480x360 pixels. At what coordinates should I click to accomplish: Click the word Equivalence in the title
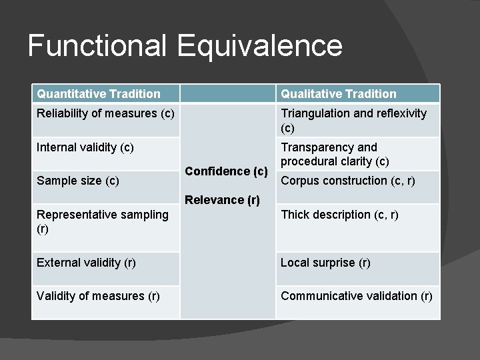pos(260,46)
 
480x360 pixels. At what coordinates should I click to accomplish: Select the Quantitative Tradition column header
pos(99,94)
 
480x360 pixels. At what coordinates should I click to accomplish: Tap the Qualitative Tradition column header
pos(339,94)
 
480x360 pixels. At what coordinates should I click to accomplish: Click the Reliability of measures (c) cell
pos(106,113)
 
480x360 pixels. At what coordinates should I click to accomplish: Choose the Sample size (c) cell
pos(78,181)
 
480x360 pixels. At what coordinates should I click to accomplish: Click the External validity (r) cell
pos(87,263)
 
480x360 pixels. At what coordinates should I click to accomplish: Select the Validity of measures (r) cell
pos(98,296)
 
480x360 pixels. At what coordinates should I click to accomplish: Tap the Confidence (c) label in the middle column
pos(227,171)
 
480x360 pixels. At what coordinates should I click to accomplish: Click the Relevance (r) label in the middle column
pos(222,199)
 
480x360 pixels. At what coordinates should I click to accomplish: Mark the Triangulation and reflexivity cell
pos(353,120)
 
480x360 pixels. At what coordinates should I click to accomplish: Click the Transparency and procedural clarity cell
pos(335,154)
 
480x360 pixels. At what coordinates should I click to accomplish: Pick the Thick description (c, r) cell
pos(340,215)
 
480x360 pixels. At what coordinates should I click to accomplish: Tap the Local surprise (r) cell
pos(325,263)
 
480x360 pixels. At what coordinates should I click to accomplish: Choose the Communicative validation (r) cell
pos(357,296)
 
